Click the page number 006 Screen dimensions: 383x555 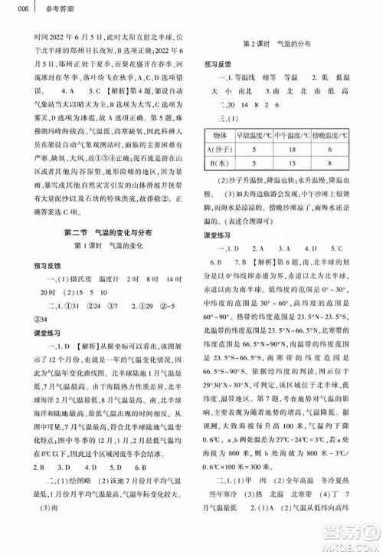[11, 8]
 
